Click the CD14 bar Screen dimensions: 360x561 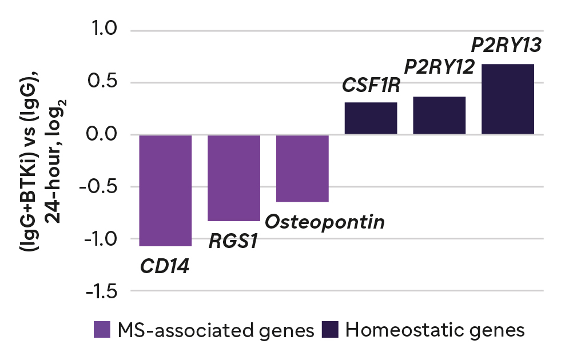pyautogui.click(x=165, y=190)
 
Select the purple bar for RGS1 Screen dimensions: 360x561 pyautogui.click(x=234, y=178)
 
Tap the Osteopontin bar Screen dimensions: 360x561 pyautogui.click(x=302, y=169)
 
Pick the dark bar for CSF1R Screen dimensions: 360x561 pyautogui.click(x=371, y=119)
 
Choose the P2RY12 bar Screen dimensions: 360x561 pyautogui.click(x=439, y=116)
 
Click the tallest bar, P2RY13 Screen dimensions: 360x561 pyautogui.click(x=508, y=99)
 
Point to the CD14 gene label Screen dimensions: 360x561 pyautogui.click(x=166, y=266)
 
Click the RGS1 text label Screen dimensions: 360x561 pyautogui.click(x=233, y=241)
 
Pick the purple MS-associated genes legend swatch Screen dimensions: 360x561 pyautogui.click(x=102, y=330)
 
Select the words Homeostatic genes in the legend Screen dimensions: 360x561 pyautogui.click(x=435, y=330)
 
